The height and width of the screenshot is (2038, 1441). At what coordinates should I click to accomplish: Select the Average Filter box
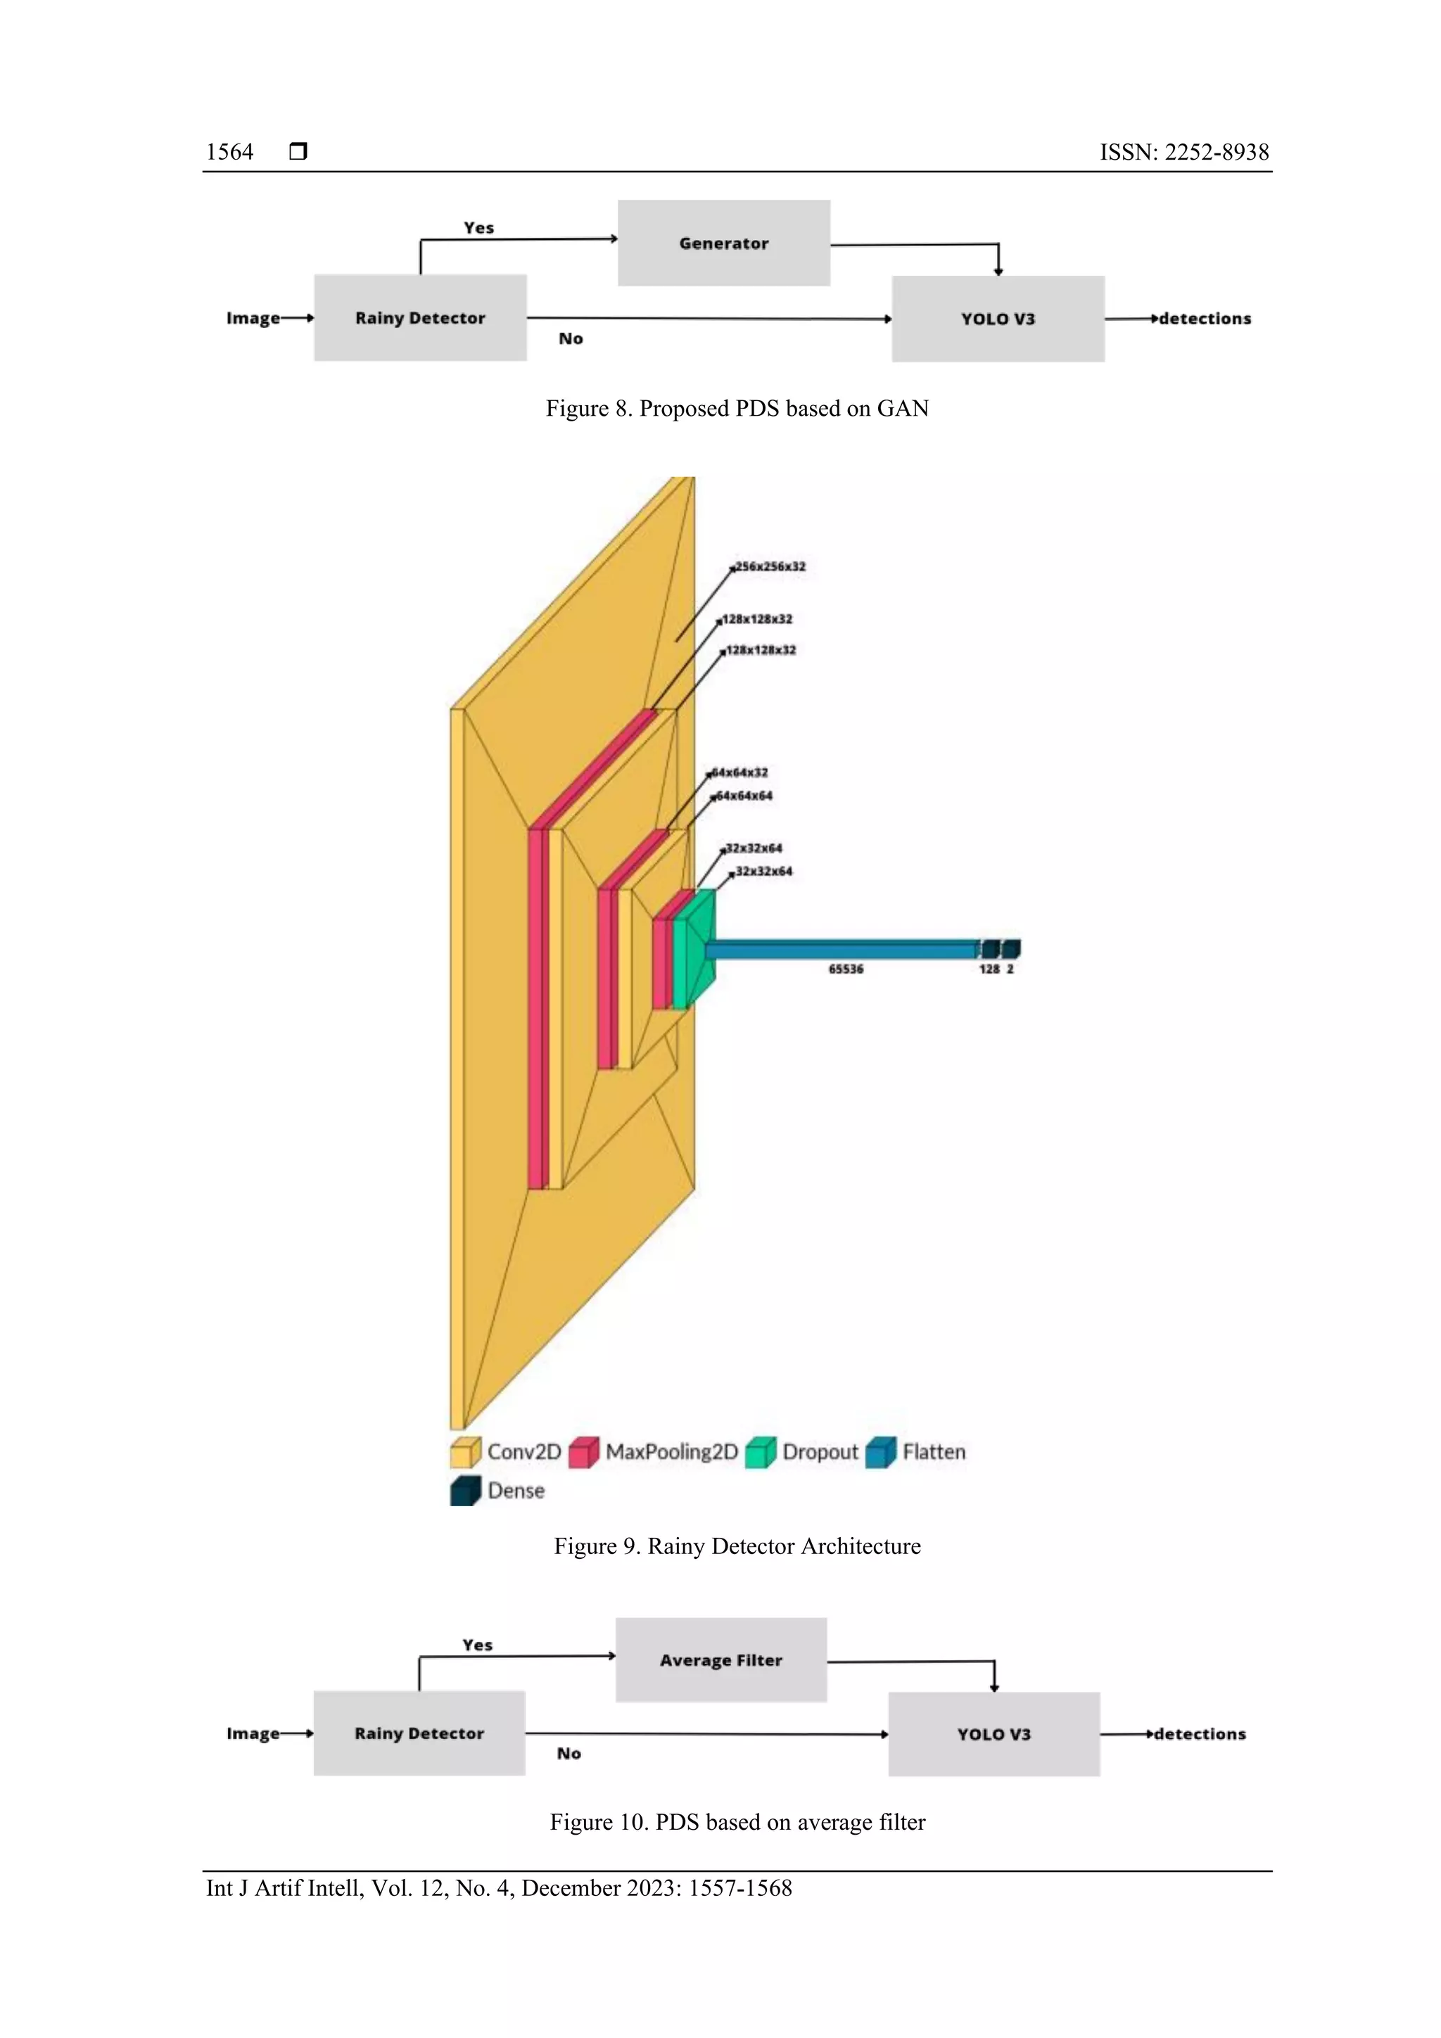click(x=721, y=1659)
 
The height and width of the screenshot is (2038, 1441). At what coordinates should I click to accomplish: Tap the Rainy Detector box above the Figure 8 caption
click(x=420, y=318)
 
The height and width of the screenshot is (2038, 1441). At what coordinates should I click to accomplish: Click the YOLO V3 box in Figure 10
click(x=994, y=1733)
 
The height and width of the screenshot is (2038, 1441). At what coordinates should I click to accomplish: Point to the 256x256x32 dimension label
click(x=770, y=566)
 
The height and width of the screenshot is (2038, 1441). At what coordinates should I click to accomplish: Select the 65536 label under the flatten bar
click(x=845, y=969)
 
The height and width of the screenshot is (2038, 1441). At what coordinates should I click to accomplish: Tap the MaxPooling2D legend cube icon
click(x=584, y=1451)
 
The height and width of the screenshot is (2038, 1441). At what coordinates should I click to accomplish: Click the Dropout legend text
click(x=820, y=1451)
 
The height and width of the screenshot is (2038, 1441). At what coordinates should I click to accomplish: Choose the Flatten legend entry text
click(x=933, y=1451)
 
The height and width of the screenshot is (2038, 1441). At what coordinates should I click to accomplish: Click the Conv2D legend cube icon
click(x=465, y=1451)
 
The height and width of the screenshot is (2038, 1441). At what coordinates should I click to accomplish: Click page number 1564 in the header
click(x=230, y=152)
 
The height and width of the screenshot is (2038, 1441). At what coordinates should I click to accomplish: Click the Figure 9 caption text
click(x=737, y=1546)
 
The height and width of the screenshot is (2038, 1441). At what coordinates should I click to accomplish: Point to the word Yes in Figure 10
click(x=478, y=1645)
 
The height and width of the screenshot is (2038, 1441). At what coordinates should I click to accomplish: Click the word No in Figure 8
click(x=571, y=338)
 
